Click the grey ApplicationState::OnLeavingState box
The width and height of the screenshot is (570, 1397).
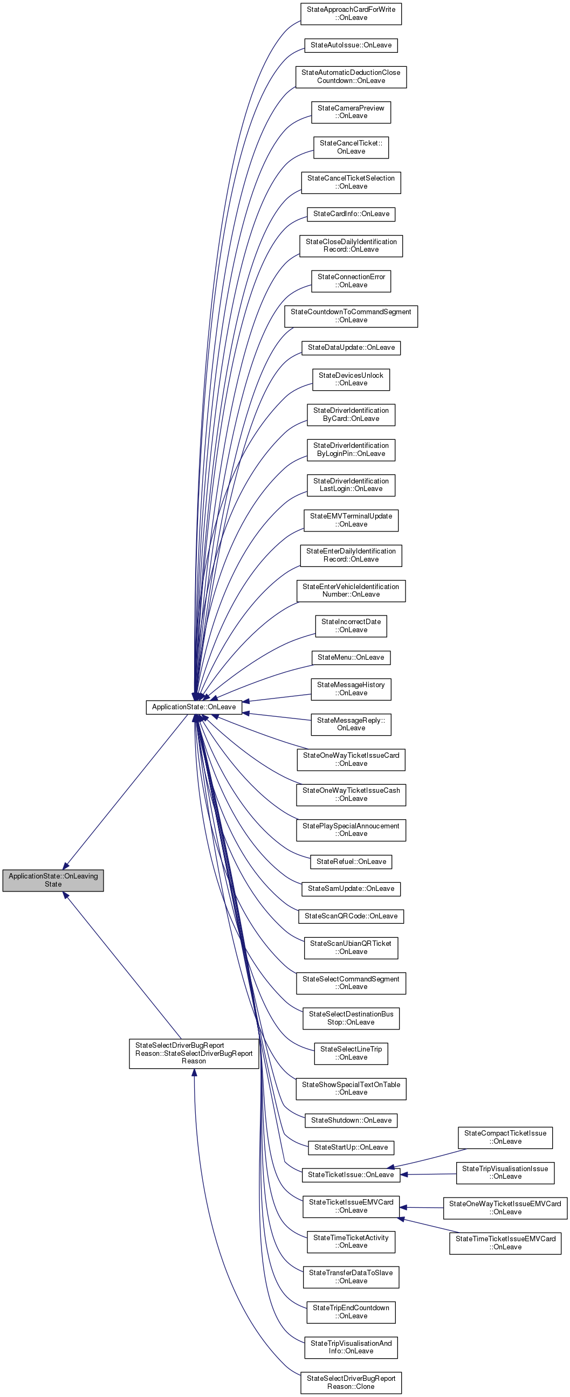(x=53, y=880)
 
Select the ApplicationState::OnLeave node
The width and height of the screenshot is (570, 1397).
(x=193, y=707)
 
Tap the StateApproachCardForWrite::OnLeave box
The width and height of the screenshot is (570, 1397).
(x=351, y=13)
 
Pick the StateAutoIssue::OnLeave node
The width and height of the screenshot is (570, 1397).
(x=351, y=45)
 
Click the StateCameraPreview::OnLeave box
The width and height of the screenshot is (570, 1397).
(x=351, y=112)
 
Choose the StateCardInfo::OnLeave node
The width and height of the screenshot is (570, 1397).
(x=351, y=213)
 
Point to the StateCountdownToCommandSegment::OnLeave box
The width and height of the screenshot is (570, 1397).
(x=351, y=316)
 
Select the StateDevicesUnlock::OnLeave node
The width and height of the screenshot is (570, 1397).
(x=351, y=379)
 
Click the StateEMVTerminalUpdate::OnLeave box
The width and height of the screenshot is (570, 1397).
(x=351, y=520)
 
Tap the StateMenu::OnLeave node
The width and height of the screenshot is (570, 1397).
(x=351, y=658)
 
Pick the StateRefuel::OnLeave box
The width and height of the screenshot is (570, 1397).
(x=351, y=861)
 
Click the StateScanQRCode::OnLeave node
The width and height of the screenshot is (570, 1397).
(x=351, y=916)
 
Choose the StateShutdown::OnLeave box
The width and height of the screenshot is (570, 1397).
(x=351, y=1120)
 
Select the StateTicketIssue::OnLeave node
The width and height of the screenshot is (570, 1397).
(x=351, y=1174)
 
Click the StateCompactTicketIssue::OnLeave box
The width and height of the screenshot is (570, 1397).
(x=505, y=1137)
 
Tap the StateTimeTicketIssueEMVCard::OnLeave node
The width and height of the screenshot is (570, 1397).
(x=505, y=1242)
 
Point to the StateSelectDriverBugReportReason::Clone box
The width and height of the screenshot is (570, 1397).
(x=351, y=1382)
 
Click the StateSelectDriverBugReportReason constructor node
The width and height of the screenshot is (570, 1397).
(x=194, y=1053)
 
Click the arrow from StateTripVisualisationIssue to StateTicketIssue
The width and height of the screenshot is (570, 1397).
(x=429, y=1174)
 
